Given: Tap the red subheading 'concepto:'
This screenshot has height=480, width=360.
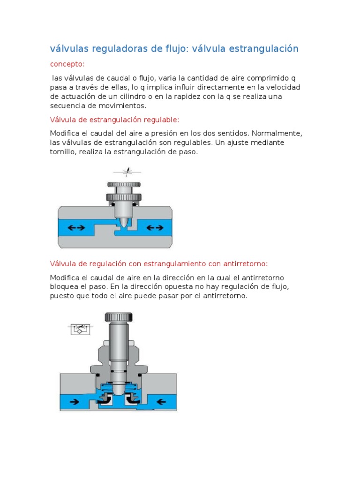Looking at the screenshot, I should pos(67,64).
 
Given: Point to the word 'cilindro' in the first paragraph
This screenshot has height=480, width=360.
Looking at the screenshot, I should pos(138,96).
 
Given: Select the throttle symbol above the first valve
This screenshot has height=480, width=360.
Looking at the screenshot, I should pos(127,172).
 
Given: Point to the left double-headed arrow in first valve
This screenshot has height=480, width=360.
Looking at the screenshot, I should pos(76,228).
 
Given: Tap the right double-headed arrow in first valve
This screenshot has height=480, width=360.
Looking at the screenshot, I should pos(155,228).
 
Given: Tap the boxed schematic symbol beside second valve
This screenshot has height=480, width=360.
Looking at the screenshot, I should pos(81,329).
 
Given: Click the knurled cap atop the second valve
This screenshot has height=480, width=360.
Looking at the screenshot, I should pos(119,317).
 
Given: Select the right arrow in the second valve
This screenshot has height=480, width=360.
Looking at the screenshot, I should pos(162,401).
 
